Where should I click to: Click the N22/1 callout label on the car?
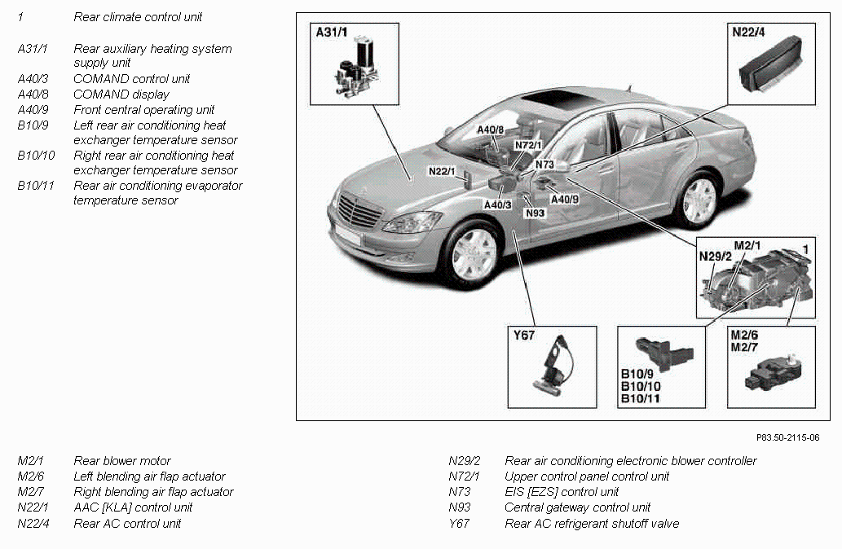pyautogui.click(x=442, y=172)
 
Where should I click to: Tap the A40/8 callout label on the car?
pyautogui.click(x=491, y=130)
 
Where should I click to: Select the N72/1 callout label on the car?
pyautogui.click(x=528, y=145)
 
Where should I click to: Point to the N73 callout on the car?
pyautogui.click(x=544, y=165)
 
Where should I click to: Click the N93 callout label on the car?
pyautogui.click(x=535, y=213)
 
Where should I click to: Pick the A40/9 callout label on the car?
pyautogui.click(x=565, y=199)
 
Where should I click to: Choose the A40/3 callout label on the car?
pyautogui.click(x=497, y=204)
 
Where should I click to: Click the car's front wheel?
pyautogui.click(x=474, y=255)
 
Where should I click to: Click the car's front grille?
pyautogui.click(x=359, y=212)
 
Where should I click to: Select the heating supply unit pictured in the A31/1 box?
pyautogui.click(x=355, y=69)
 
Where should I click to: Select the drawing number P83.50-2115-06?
pyautogui.click(x=787, y=437)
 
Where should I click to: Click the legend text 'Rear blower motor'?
pyautogui.click(x=122, y=461)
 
